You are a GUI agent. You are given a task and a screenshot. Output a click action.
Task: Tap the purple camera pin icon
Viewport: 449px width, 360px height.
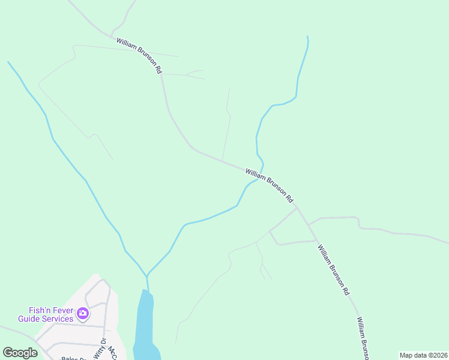click(83, 313)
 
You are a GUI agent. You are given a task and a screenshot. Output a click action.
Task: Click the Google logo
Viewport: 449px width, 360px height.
click(20, 352)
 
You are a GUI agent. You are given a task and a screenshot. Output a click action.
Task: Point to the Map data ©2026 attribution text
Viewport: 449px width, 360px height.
click(423, 355)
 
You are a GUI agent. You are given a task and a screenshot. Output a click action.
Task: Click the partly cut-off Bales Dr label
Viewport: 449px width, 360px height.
click(73, 358)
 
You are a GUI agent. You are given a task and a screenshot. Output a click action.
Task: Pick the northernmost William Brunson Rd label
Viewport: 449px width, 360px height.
click(140, 56)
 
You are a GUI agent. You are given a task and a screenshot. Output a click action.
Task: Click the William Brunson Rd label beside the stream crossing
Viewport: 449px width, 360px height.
click(270, 185)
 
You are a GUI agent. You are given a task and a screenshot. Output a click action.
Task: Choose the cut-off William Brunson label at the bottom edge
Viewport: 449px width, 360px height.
click(364, 338)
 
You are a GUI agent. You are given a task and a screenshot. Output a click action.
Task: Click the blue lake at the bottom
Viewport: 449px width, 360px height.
click(144, 327)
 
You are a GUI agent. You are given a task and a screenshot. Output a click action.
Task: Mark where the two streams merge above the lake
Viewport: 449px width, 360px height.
click(146, 275)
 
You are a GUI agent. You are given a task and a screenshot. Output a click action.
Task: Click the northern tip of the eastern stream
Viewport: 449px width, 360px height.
click(307, 37)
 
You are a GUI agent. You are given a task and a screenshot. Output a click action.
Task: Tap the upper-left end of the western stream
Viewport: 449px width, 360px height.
click(8, 62)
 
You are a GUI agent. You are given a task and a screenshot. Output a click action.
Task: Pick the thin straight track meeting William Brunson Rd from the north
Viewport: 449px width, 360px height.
click(226, 126)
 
